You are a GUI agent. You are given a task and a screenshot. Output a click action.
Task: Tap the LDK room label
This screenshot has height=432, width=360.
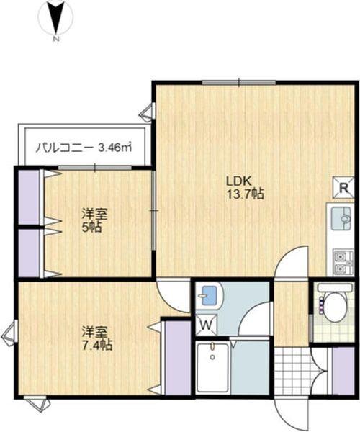click(241, 180)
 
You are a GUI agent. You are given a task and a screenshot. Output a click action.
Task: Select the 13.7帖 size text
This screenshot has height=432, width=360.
click(246, 194)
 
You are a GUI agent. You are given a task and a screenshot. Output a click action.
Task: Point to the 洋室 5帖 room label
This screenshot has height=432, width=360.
click(91, 220)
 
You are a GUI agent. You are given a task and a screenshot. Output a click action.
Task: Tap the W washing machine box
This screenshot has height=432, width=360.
click(205, 325)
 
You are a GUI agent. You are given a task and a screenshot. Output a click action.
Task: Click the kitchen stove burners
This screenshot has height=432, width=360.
click(342, 262)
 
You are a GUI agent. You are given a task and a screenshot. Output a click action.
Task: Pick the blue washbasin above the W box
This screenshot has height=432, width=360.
click(210, 295)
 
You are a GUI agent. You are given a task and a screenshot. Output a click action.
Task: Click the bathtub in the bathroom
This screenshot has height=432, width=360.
click(212, 367)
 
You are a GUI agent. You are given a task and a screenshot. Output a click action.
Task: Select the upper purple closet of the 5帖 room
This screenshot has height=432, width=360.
click(29, 196)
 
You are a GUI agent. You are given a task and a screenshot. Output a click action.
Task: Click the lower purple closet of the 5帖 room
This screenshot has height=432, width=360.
click(29, 252)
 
